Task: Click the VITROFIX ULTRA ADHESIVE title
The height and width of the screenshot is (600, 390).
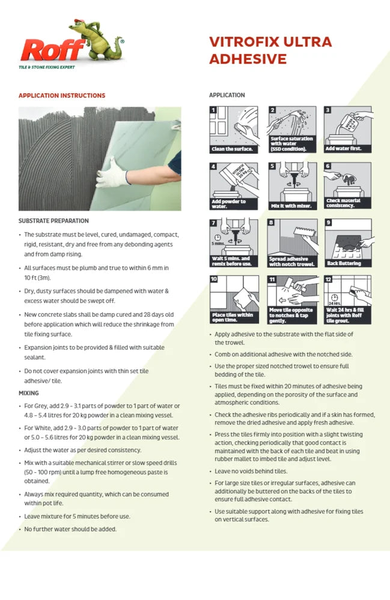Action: pyautogui.click(x=270, y=50)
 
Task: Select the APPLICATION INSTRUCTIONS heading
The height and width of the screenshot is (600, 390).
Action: pyautogui.click(x=62, y=95)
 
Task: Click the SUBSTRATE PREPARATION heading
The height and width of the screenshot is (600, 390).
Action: pyautogui.click(x=53, y=221)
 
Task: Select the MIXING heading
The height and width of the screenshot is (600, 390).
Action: pyautogui.click(x=29, y=393)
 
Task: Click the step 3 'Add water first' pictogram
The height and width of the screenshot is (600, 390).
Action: pyautogui.click(x=348, y=130)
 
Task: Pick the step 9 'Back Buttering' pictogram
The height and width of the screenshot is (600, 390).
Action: pyautogui.click(x=348, y=242)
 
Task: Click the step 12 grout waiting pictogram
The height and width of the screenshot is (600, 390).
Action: pyautogui.click(x=348, y=298)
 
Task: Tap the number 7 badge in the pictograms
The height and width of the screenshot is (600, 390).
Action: pyautogui.click(x=213, y=223)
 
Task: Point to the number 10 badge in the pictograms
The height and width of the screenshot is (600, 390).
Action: pyautogui.click(x=214, y=279)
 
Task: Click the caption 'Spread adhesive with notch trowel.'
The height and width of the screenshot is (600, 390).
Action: pyautogui.click(x=291, y=261)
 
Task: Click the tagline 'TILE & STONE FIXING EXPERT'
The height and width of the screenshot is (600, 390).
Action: pyautogui.click(x=47, y=67)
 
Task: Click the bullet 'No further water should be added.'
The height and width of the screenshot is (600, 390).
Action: pyautogui.click(x=70, y=529)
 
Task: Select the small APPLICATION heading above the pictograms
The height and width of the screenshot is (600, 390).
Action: pyautogui.click(x=227, y=95)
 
